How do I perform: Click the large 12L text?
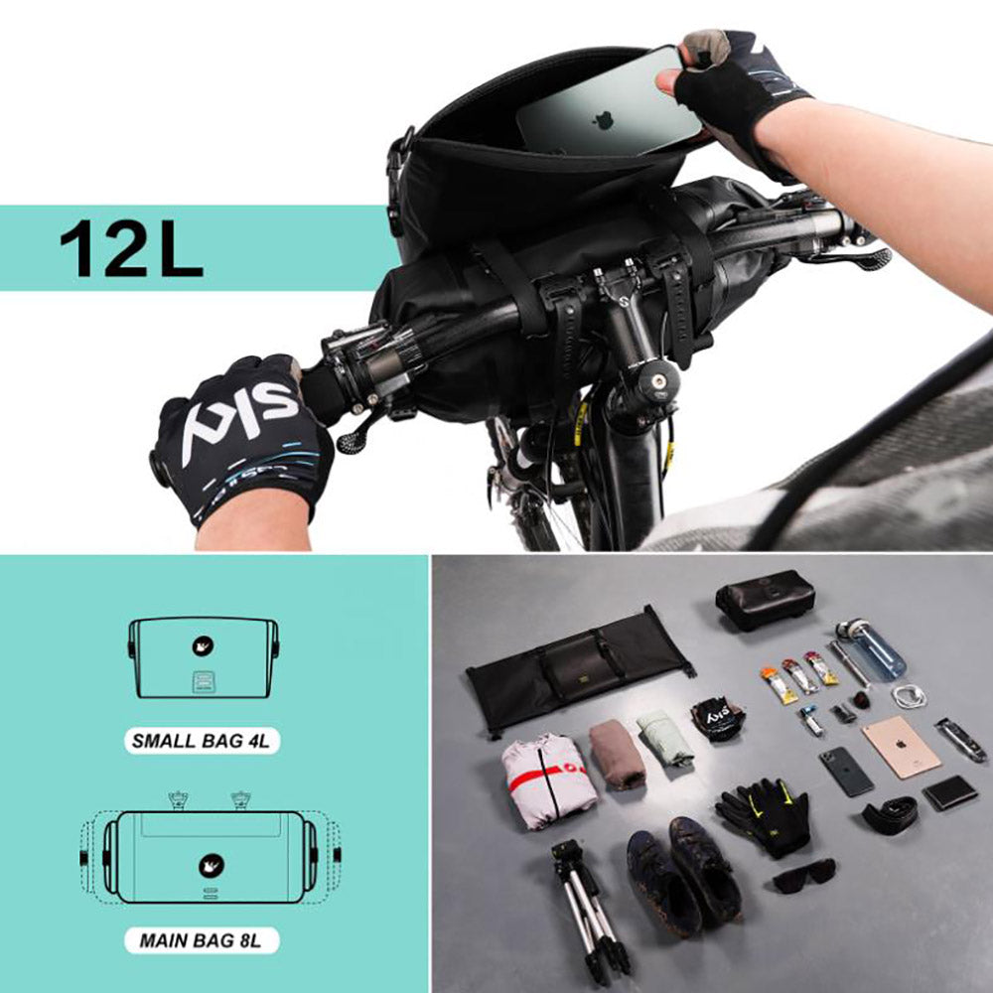click(131, 248)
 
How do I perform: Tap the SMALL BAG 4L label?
click(204, 740)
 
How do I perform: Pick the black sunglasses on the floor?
click(804, 876)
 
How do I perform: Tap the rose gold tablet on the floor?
click(900, 747)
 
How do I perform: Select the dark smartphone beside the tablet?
click(846, 772)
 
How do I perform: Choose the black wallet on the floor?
click(949, 792)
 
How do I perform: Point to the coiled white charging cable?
click(908, 696)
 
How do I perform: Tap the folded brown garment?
click(617, 756)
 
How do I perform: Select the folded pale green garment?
click(664, 737)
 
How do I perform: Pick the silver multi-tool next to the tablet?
click(960, 740)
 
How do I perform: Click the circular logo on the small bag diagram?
click(203, 646)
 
